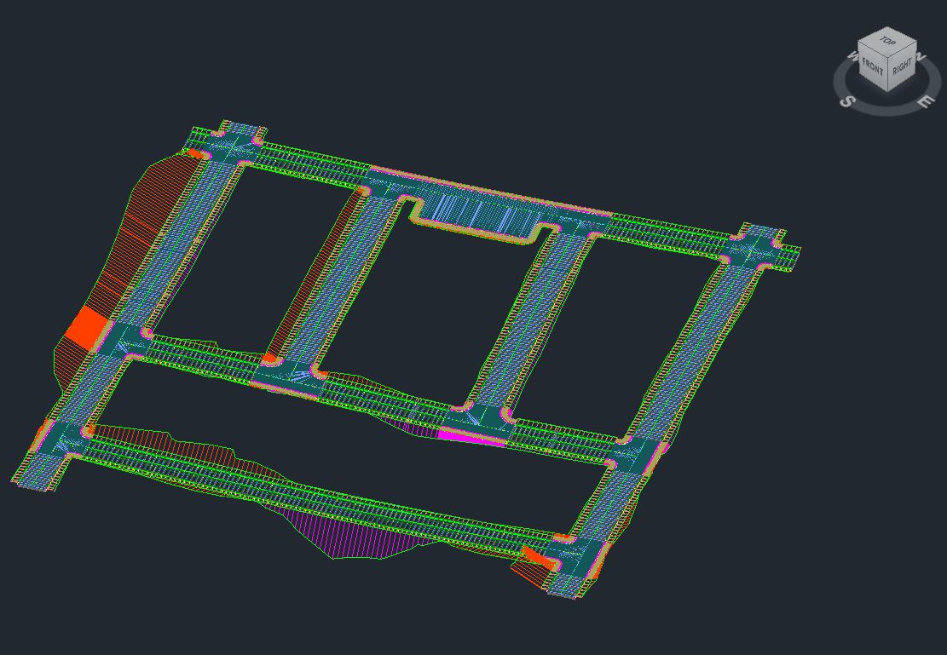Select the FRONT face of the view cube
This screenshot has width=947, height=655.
click(872, 66)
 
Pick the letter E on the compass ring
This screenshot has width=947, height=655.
click(925, 101)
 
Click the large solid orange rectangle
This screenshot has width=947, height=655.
click(86, 328)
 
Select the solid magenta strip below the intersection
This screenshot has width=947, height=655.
click(471, 437)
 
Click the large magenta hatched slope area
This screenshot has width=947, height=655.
click(356, 532)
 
